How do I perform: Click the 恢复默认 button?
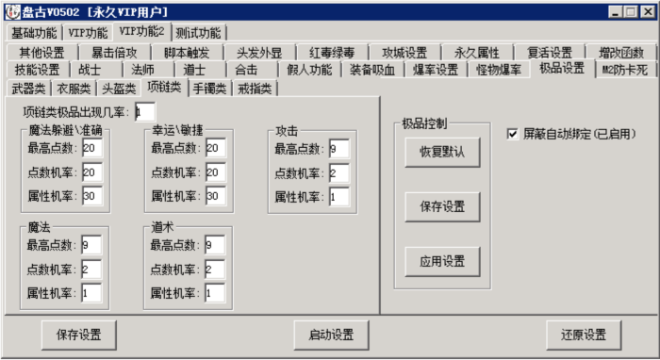[x=435, y=151]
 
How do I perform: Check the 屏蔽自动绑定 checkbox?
[x=513, y=134]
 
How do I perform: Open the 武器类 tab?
[x=28, y=89]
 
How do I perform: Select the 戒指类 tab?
[x=255, y=89]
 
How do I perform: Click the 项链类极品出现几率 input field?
[x=144, y=111]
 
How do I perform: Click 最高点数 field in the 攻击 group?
[x=338, y=148]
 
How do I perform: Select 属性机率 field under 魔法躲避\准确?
[x=91, y=196]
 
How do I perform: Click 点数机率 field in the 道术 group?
[x=214, y=270]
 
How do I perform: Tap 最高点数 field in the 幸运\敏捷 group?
[x=214, y=148]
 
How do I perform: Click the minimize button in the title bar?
[x=616, y=10]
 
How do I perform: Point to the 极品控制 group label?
[x=424, y=123]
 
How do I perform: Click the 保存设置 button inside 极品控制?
[x=435, y=205]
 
